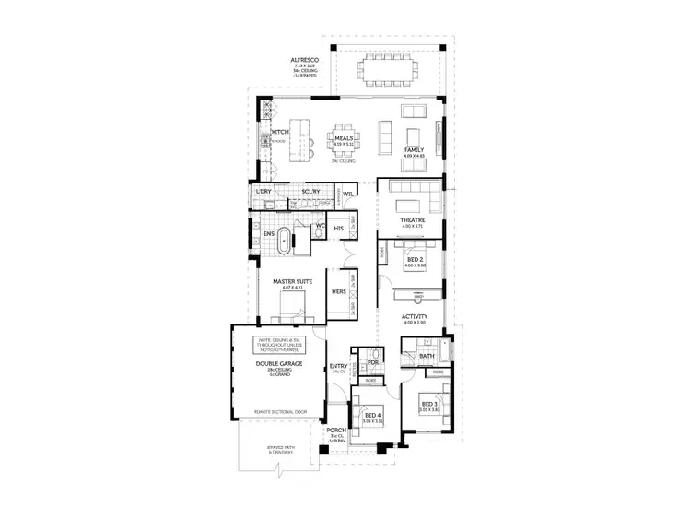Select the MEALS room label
345,139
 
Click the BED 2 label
416,260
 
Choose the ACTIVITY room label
415,316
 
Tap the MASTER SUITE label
293,281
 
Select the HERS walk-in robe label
338,291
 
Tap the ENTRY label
338,366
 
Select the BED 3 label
429,404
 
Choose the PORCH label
337,431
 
